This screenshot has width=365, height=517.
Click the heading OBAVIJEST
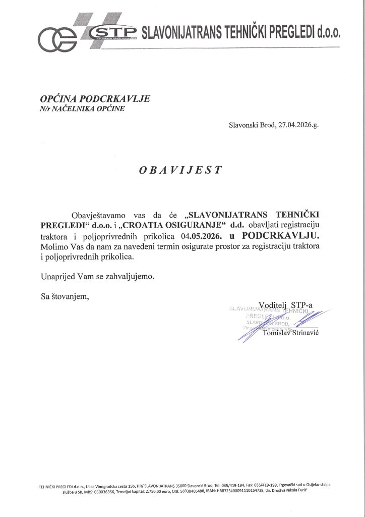(x=180, y=170)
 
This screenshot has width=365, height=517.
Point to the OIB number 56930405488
(x=191, y=494)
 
